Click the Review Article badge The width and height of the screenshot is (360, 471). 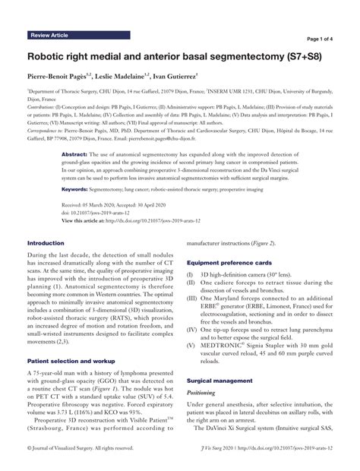point(52,35)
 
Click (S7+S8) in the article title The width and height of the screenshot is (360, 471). point(295,56)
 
